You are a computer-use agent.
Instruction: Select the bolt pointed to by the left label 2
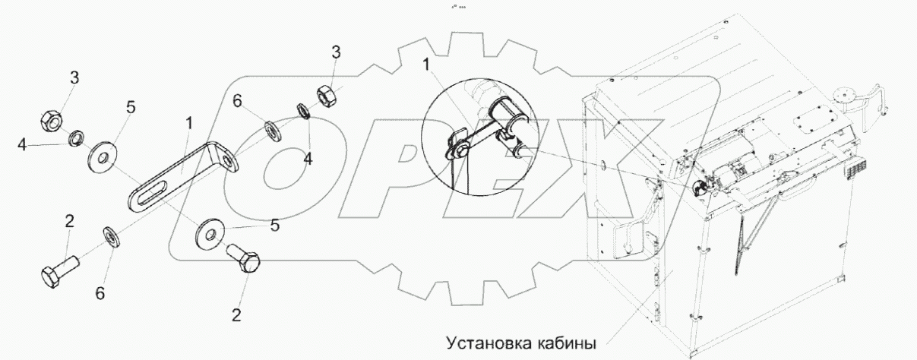point(58,271)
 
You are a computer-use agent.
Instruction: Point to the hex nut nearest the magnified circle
point(325,96)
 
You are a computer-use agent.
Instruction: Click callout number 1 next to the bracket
point(188,122)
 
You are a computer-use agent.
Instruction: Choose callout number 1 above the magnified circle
point(428,67)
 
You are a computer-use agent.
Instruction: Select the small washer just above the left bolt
point(110,237)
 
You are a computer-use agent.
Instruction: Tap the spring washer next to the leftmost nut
point(76,139)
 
